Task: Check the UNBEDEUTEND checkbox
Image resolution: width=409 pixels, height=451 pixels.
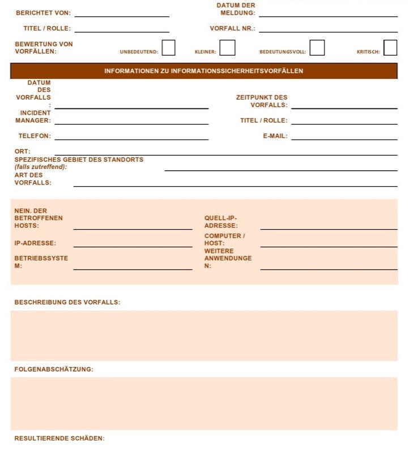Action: tap(168, 48)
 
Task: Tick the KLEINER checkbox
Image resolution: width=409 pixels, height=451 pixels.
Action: tap(227, 48)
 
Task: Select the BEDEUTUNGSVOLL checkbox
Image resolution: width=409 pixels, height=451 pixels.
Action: tap(317, 48)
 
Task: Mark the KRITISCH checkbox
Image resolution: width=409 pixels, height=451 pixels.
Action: tap(390, 48)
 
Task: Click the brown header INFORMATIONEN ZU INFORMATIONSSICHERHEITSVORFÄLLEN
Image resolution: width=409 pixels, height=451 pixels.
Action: tap(204, 71)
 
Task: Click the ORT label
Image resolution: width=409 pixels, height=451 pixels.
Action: tap(23, 151)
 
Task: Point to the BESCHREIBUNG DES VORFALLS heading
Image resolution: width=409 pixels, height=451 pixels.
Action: tap(67, 302)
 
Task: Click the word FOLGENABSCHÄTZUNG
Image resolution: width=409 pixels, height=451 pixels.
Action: tap(54, 369)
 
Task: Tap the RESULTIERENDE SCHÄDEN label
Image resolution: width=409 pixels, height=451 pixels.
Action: tap(59, 439)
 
